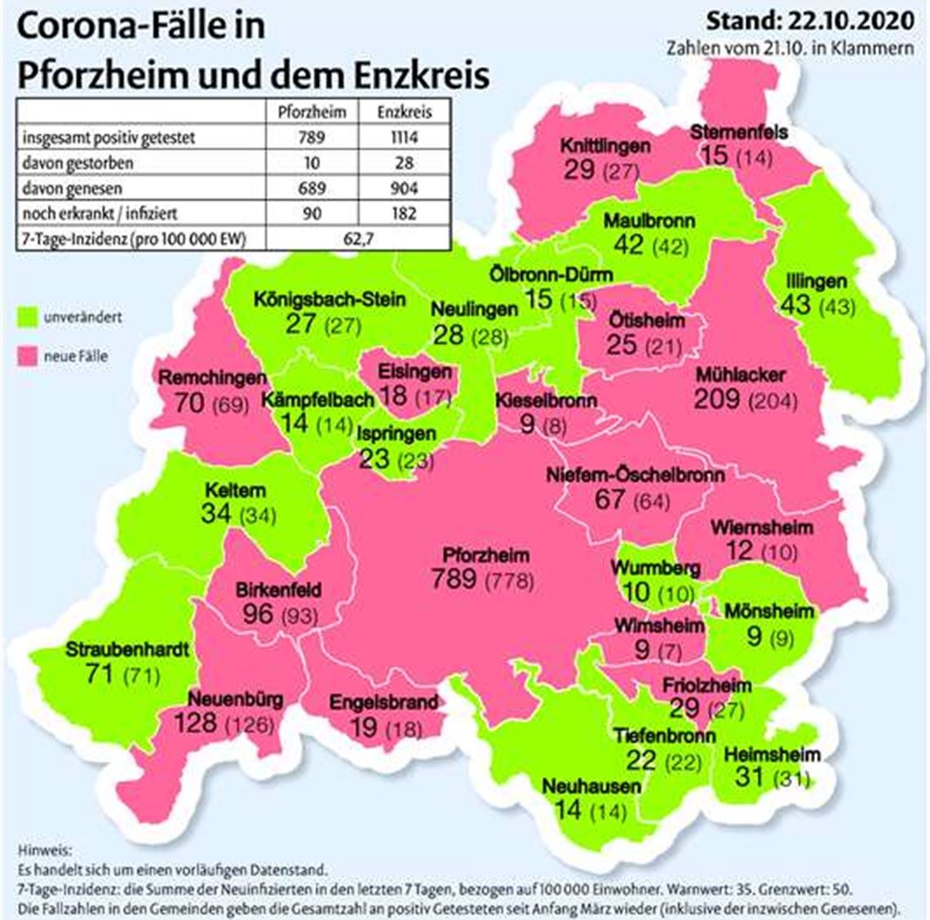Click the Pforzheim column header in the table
pos(312,112)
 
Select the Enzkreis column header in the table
pos(404,112)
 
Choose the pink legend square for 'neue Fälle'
pos(31,356)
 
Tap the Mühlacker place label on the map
pos(741,375)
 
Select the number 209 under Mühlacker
pos(717,398)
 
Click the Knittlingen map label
pos(604,145)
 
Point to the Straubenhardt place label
pos(127,650)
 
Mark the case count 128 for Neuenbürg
pos(196,722)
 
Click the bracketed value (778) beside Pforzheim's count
pos(510,580)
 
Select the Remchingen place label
pos(213,378)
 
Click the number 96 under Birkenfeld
pos(258,612)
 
